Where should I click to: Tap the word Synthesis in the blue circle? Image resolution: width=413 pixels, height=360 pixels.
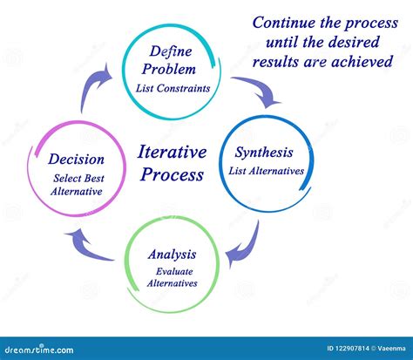pos(269,153)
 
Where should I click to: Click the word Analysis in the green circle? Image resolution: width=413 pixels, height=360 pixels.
pos(171,255)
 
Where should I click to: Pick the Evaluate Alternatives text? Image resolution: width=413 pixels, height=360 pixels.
pos(171,276)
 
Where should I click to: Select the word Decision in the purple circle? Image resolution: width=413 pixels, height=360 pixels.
pos(77,160)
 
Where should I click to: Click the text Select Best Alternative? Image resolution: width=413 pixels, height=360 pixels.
pos(77,185)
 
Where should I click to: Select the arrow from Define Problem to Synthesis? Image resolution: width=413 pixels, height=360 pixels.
pos(257,90)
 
